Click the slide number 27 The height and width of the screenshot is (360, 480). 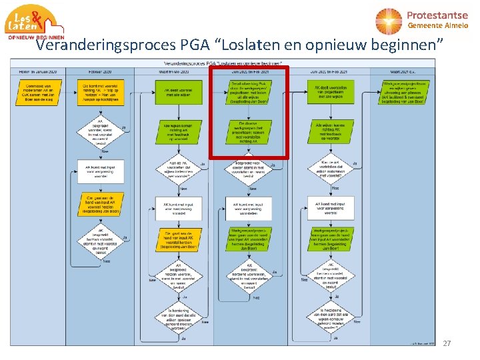[447, 343]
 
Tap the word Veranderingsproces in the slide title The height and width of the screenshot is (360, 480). [106, 45]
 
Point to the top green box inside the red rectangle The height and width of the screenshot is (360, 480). [248, 91]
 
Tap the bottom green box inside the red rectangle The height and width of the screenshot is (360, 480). [248, 131]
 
